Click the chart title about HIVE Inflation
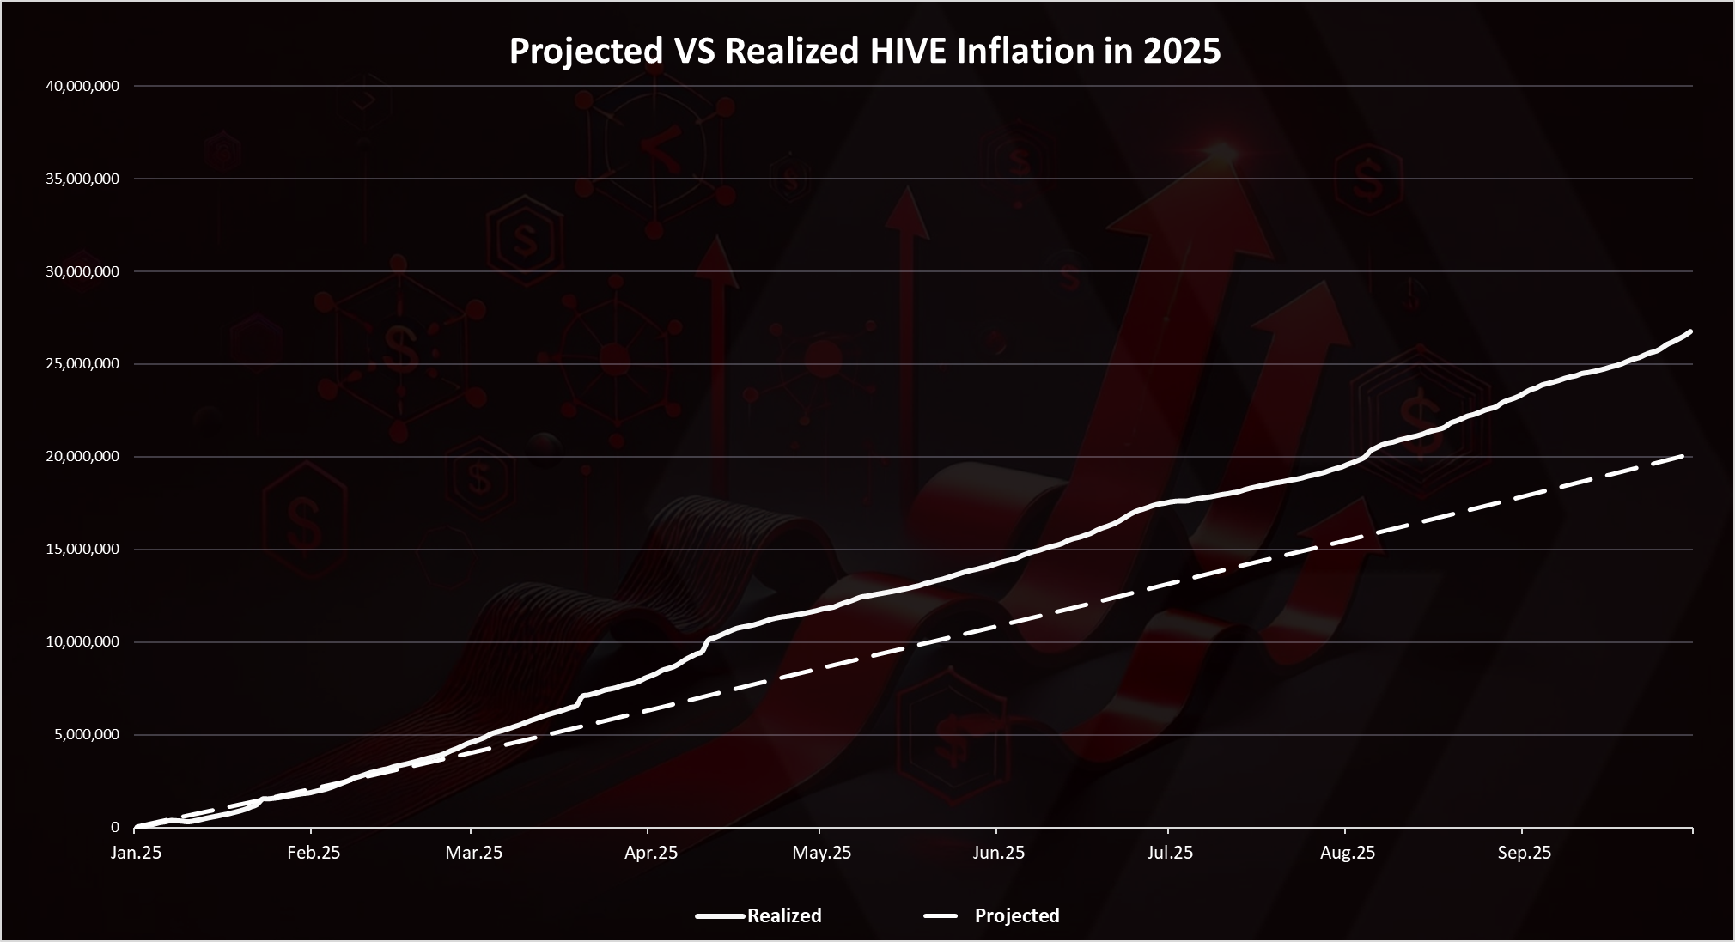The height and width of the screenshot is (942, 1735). pyautogui.click(x=865, y=52)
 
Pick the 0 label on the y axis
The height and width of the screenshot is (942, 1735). pyautogui.click(x=114, y=828)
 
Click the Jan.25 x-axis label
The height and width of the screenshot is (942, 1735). pyautogui.click(x=136, y=853)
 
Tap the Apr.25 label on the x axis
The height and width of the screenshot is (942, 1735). pyautogui.click(x=651, y=853)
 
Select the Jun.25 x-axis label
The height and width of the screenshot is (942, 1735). pyautogui.click(x=998, y=853)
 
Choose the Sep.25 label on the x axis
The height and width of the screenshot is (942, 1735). pyautogui.click(x=1525, y=853)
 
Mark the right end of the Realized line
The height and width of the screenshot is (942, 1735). pyautogui.click(x=1690, y=331)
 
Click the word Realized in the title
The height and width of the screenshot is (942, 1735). pyautogui.click(x=792, y=52)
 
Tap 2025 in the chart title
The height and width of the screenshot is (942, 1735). pyautogui.click(x=1182, y=52)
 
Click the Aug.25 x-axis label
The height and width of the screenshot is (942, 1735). pyautogui.click(x=1348, y=853)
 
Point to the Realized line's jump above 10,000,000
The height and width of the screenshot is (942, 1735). pyautogui.click(x=708, y=641)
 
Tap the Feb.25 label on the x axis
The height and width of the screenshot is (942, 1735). pyautogui.click(x=314, y=853)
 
